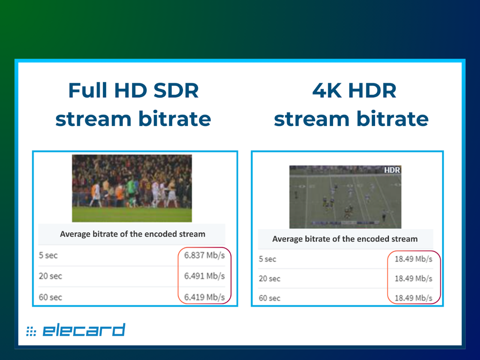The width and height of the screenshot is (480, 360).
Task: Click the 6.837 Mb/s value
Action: (204, 255)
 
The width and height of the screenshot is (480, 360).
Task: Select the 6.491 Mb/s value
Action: (204, 276)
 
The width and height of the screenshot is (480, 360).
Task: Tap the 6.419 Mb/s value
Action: (204, 297)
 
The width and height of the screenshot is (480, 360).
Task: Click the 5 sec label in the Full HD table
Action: (48, 255)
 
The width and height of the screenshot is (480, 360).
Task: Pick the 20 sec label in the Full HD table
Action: (50, 276)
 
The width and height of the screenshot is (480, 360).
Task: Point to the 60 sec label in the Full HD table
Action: (50, 297)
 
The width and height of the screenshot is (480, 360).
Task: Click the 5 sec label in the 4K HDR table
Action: (267, 259)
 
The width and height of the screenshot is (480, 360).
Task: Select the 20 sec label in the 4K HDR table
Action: (269, 279)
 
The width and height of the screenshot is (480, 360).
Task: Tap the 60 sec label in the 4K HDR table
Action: (269, 298)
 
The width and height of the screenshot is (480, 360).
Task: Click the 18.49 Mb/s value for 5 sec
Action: (413, 259)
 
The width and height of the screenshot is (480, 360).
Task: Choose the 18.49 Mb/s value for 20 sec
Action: (413, 279)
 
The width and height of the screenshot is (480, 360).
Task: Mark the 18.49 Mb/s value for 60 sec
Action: (413, 298)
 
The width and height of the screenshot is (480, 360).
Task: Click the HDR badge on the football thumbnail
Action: (392, 170)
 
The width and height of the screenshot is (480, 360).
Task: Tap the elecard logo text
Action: (84, 330)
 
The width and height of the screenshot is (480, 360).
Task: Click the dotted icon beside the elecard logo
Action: (31, 331)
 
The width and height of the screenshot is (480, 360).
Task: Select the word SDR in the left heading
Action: (176, 90)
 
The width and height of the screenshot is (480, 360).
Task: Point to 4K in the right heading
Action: (327, 90)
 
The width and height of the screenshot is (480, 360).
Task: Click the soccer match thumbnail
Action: (132, 188)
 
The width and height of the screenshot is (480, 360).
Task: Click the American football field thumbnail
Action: (345, 197)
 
